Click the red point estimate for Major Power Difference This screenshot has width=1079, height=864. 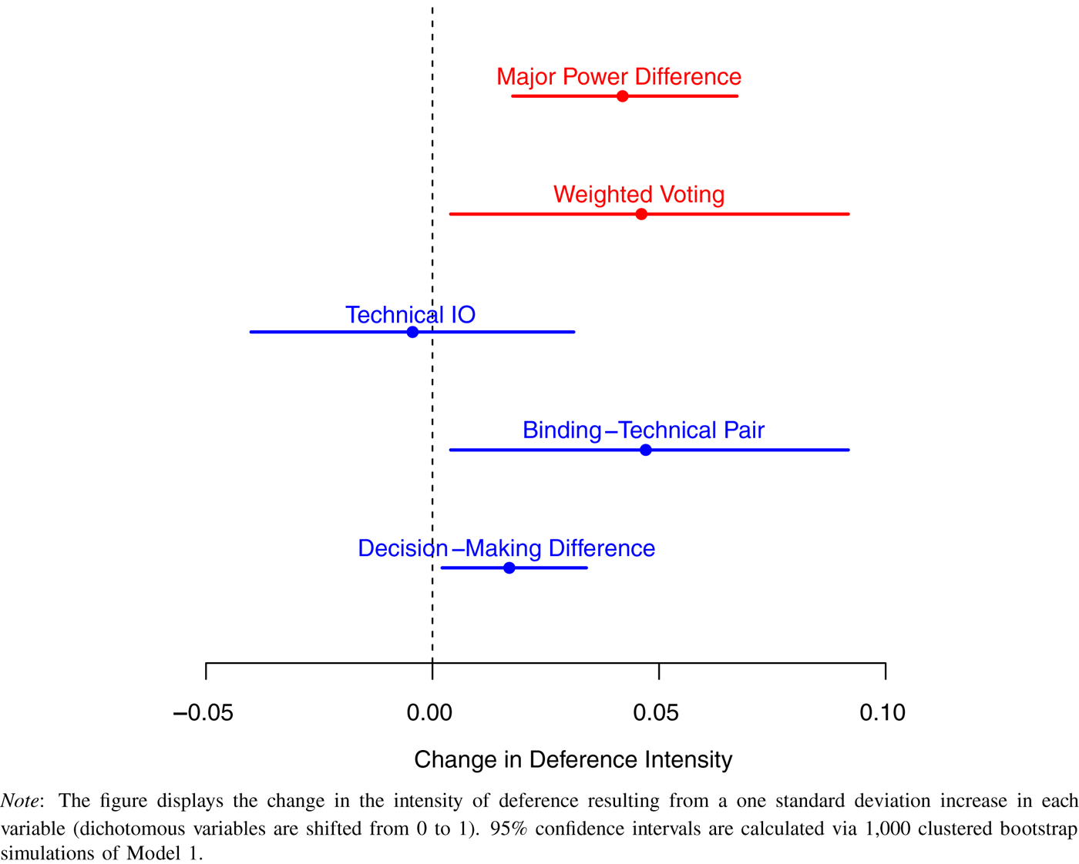coord(622,96)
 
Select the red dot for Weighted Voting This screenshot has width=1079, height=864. coord(641,214)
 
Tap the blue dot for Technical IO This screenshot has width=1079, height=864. coord(412,332)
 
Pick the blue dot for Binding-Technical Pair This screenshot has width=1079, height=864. coord(646,450)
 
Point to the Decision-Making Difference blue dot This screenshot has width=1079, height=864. coord(509,568)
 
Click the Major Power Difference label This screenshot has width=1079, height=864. coord(619,77)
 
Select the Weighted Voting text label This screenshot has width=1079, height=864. coord(639,195)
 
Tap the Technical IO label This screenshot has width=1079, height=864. coord(410,315)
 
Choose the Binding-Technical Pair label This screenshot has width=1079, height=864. coord(644,430)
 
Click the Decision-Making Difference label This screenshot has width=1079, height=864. coord(506,548)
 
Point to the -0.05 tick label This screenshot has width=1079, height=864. coord(203,713)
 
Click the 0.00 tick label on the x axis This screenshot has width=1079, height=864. coord(429,713)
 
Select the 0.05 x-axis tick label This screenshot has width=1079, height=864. coord(656,713)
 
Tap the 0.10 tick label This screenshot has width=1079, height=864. coord(882,713)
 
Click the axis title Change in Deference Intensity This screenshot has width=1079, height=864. coord(573,760)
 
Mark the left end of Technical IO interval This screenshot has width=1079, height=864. coord(251,332)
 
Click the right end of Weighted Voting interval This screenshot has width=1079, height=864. coord(848,214)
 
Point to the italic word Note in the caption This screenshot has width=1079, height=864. coord(20,801)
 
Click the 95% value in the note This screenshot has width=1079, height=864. coord(509,829)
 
